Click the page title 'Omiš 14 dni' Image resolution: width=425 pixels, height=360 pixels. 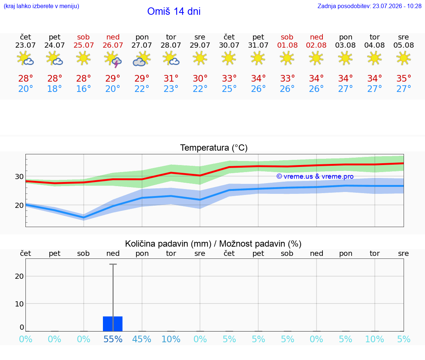[x=174, y=11]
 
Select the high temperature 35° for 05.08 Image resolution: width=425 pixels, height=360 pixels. [x=404, y=78]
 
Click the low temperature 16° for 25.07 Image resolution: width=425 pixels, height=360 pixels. [x=83, y=89]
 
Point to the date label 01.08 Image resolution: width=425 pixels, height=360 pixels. [x=287, y=45]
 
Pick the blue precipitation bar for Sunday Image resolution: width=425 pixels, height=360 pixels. [x=113, y=324]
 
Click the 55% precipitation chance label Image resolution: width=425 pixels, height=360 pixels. [x=113, y=339]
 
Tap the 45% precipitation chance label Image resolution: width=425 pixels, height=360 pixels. [x=142, y=339]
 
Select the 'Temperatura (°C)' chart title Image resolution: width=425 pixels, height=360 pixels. [x=214, y=148]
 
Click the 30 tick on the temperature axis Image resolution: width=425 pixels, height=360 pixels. [x=19, y=176]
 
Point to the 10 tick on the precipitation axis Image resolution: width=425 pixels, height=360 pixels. [x=19, y=304]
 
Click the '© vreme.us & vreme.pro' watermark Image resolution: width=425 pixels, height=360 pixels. [x=315, y=176]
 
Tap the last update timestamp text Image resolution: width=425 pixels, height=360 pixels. [x=369, y=6]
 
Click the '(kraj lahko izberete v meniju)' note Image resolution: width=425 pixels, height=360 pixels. [x=41, y=6]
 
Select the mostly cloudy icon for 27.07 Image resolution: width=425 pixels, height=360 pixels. [x=142, y=59]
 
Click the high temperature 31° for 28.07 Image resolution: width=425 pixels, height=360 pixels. [x=171, y=78]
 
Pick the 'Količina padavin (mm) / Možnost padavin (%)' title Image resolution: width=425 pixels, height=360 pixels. [x=213, y=244]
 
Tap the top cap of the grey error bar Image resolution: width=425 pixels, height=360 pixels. [x=113, y=264]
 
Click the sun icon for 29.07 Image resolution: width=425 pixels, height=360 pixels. [x=200, y=58]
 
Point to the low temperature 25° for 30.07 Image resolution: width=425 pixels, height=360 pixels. [x=229, y=89]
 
